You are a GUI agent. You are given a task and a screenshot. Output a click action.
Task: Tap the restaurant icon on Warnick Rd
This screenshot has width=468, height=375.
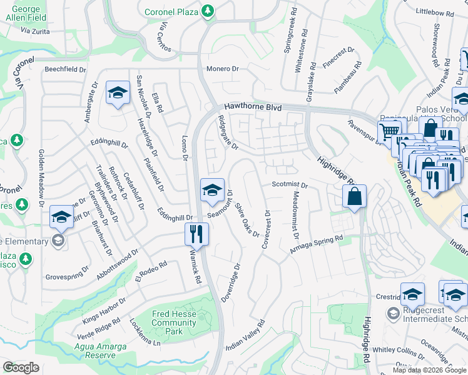coord(196,234)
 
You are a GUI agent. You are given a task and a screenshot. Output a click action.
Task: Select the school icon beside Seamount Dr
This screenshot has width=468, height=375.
coord(212,189)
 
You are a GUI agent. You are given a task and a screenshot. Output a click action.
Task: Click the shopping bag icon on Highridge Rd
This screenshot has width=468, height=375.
coord(354,196)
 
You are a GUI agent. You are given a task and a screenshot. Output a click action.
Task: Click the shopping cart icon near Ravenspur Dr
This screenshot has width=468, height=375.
coord(389,131)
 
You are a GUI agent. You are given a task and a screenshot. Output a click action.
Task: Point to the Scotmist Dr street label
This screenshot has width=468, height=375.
coord(290,185)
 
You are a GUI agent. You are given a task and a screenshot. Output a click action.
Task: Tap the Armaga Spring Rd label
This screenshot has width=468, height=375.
coord(317,244)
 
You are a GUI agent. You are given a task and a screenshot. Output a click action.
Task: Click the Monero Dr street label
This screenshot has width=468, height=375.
coord(223,69)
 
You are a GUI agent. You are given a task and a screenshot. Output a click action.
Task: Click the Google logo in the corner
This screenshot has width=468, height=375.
coord(21,367)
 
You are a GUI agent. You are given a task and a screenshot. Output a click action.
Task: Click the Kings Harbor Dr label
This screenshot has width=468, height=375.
coord(104,309)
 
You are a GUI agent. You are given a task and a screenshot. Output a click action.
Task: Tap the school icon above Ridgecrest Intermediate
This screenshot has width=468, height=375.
coord(412,294)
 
